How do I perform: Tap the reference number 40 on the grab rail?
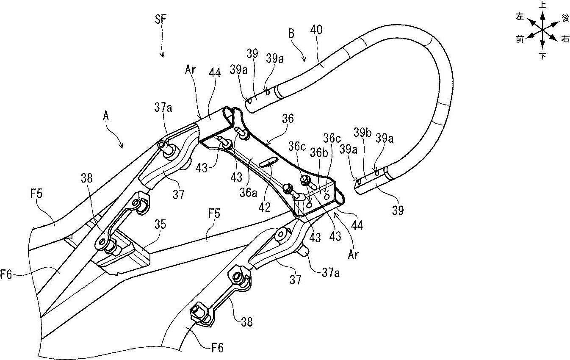tap(316, 30)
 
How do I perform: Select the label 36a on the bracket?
tap(248, 193)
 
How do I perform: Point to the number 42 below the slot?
tap(264, 208)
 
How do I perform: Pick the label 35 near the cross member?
tap(160, 224)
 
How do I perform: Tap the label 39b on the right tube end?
tap(363, 132)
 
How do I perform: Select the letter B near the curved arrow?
tap(292, 33)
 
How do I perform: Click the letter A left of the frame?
tap(106, 116)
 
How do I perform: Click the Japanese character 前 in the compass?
tap(520, 39)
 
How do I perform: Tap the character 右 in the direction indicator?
tap(565, 39)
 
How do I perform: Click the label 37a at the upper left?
tap(163, 108)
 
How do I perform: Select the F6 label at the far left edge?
tap(6, 275)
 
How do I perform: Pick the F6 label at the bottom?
tap(218, 348)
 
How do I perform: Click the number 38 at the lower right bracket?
tap(246, 321)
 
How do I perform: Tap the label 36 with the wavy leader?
tap(288, 119)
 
